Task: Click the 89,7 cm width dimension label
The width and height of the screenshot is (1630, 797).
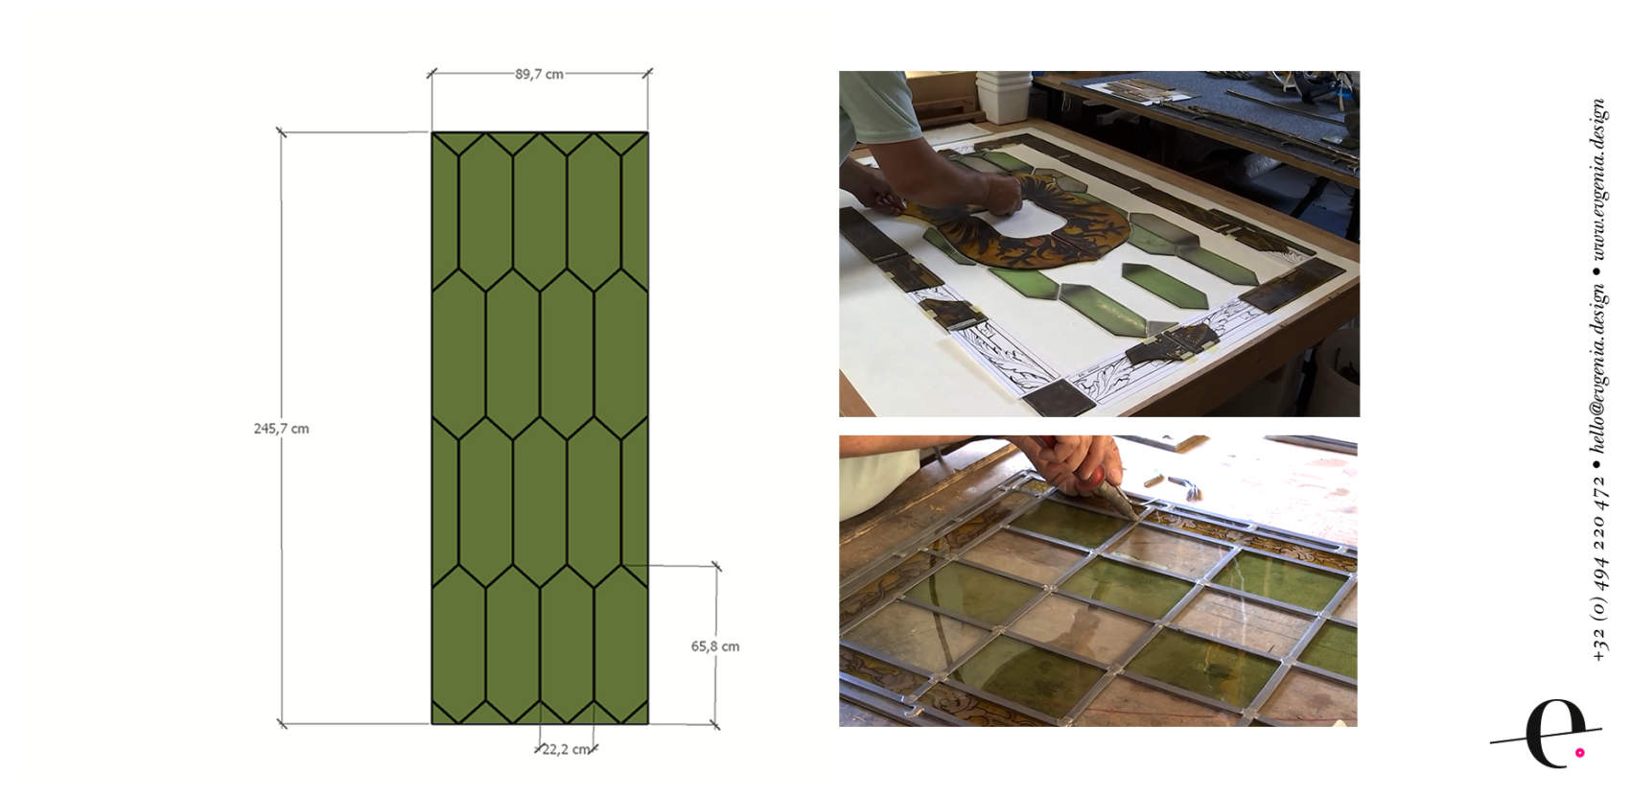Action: click(x=539, y=74)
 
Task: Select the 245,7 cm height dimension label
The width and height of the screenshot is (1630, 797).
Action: click(x=282, y=429)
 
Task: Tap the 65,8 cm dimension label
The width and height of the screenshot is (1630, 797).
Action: click(x=715, y=646)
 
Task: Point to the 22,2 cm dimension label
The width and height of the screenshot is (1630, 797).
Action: click(x=566, y=750)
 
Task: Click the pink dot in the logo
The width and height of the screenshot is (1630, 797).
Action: click(x=1580, y=753)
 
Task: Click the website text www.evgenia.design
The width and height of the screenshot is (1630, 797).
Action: click(x=1598, y=179)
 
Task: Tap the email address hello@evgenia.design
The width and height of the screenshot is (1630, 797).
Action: click(x=1598, y=368)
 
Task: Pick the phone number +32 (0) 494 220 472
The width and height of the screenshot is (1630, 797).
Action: click(x=1598, y=569)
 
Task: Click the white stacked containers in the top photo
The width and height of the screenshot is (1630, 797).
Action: click(x=1003, y=95)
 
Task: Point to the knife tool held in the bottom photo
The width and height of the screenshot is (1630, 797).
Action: click(x=1117, y=496)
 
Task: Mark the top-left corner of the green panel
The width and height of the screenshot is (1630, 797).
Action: click(x=432, y=132)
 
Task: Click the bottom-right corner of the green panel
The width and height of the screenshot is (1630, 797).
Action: click(x=647, y=723)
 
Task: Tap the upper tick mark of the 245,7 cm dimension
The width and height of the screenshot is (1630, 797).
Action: click(x=282, y=132)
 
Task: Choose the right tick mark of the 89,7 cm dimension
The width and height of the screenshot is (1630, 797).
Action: click(x=647, y=73)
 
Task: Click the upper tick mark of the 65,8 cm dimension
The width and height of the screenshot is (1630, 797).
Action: click(x=716, y=566)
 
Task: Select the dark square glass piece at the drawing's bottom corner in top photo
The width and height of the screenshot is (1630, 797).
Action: click(x=1059, y=397)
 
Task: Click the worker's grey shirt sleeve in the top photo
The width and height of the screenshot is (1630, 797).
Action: click(x=877, y=109)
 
